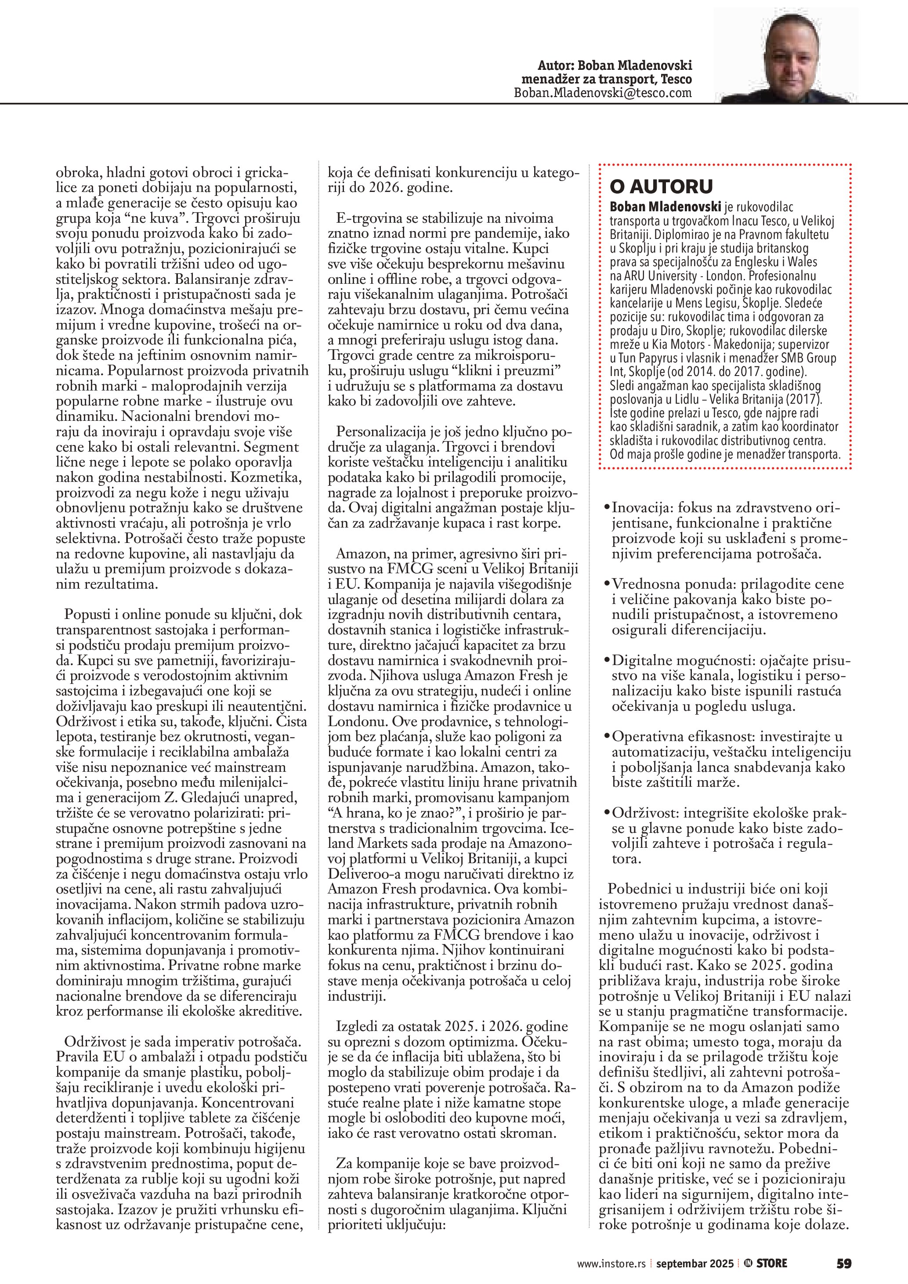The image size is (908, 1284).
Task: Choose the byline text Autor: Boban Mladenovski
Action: pyautogui.click(x=615, y=65)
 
